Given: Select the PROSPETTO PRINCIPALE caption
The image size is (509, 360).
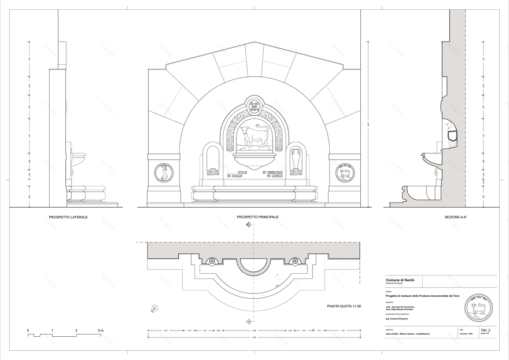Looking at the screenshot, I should pyautogui.click(x=257, y=217).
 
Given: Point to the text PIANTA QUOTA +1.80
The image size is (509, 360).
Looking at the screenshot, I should pyautogui.click(x=344, y=306).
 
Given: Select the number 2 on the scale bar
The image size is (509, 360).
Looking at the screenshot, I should pyautogui.click(x=76, y=330).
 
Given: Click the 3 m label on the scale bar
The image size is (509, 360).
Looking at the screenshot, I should pyautogui.click(x=101, y=330).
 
